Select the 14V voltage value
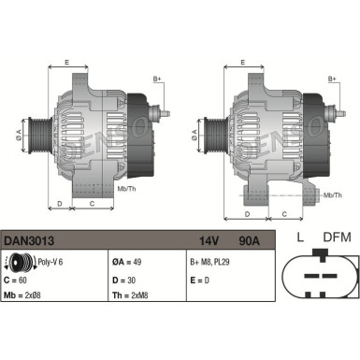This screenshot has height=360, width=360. pyautogui.click(x=208, y=240)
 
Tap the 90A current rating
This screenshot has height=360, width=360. pyautogui.click(x=249, y=240)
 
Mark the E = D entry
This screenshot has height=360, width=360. pyautogui.click(x=200, y=280)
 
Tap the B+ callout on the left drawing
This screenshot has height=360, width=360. pyautogui.click(x=157, y=79)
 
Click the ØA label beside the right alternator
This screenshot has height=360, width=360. pyautogui.click(x=193, y=137)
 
